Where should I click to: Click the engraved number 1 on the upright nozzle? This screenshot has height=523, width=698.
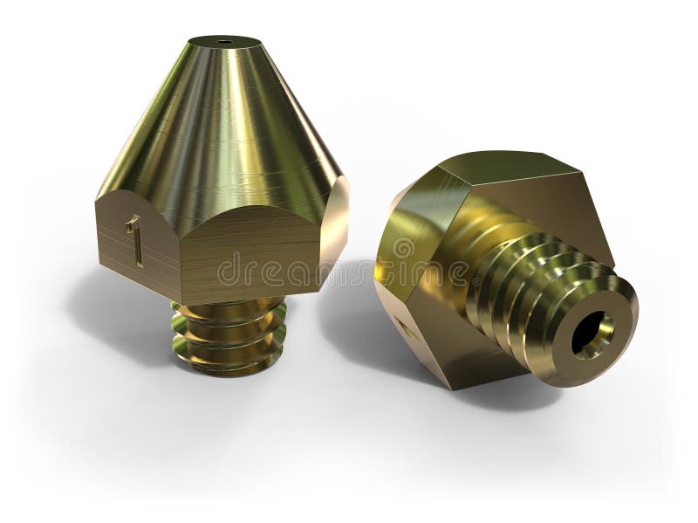[x=134, y=240]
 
